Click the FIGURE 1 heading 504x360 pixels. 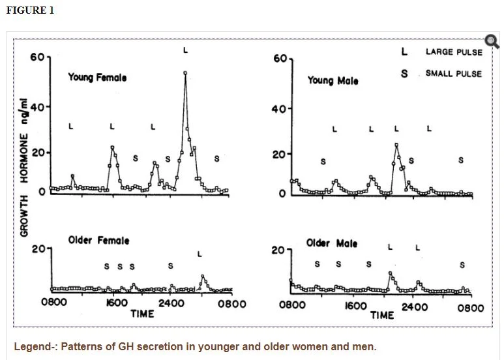pos(30,10)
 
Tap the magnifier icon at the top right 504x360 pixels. pos(492,42)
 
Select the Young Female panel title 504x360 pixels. pos(97,77)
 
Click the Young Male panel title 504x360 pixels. pos(333,81)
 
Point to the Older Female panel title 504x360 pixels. pos(98,241)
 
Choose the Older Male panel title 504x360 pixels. pos(332,244)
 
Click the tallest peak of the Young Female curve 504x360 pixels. pos(185,73)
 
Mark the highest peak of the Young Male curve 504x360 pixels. pos(396,145)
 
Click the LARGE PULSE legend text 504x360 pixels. pos(453,52)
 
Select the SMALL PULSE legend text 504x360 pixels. pos(453,73)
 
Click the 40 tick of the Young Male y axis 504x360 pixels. pos(279,108)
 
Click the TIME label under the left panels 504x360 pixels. pos(141,314)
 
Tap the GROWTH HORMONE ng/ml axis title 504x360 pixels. pos(25,166)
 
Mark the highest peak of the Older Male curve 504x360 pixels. pos(390,273)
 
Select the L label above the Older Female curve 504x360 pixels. pos(200,254)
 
